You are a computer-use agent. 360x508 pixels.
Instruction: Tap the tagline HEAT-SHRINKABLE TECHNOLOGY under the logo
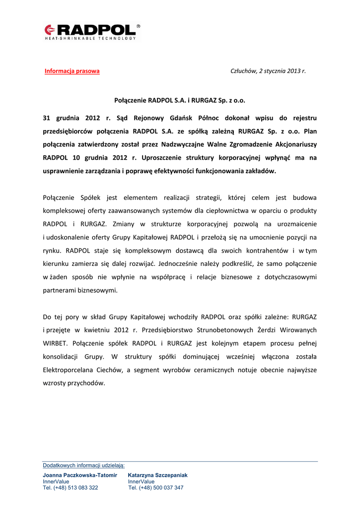coord(90,38)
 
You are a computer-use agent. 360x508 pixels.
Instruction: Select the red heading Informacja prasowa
coord(72,71)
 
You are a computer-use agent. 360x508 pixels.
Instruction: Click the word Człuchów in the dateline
coord(243,71)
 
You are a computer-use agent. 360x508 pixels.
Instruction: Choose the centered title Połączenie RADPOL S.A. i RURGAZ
coord(180,100)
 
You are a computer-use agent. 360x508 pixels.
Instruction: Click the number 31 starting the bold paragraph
coord(47,118)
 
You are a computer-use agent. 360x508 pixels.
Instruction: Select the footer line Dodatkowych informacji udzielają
coord(83,465)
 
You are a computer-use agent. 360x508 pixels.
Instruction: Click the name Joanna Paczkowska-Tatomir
coord(80,475)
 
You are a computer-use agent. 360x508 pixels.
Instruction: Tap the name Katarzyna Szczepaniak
coord(157,475)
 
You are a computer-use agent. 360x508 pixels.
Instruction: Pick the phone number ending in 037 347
coord(155,488)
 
